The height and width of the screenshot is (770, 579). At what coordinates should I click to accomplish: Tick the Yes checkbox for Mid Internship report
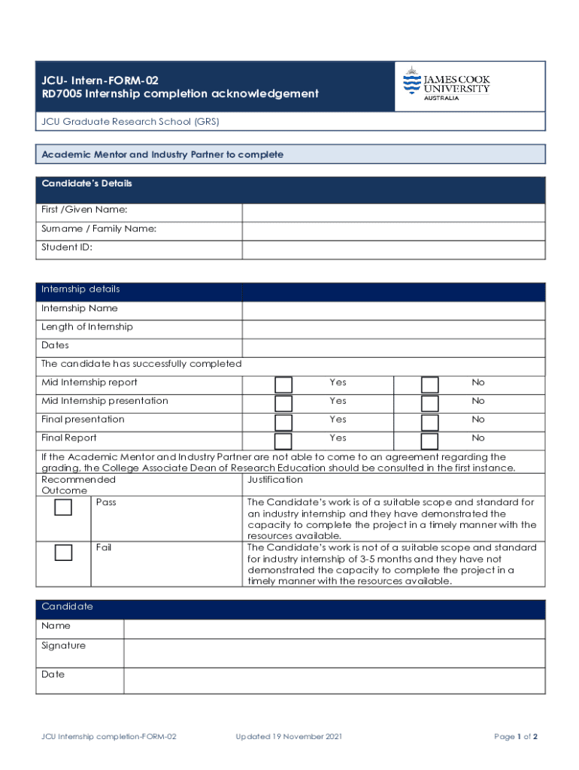click(283, 385)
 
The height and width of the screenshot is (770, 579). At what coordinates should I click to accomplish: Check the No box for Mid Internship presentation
click(429, 404)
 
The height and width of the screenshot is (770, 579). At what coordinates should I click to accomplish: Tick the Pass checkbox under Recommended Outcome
click(63, 508)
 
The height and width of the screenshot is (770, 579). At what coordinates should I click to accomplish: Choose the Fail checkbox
click(63, 553)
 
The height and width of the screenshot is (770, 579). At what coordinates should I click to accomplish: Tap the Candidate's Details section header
click(86, 184)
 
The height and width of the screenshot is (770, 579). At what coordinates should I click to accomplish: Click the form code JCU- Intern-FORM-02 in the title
click(100, 80)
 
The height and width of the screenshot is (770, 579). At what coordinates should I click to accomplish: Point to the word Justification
click(274, 480)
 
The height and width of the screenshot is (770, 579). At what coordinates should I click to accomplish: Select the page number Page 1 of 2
click(515, 737)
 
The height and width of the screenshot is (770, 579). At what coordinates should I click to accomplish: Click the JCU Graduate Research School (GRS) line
click(130, 122)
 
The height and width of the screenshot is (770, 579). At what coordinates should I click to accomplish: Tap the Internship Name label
click(80, 308)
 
